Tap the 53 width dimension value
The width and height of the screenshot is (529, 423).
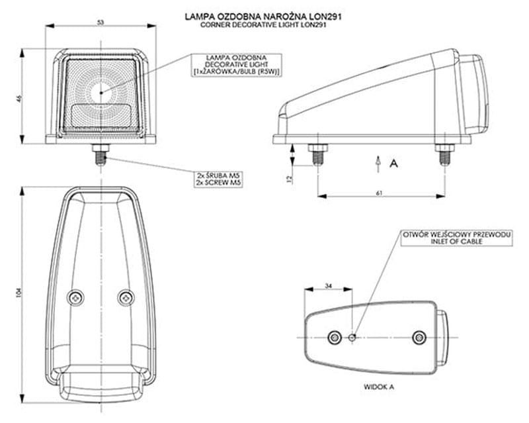pyautogui.click(x=101, y=23)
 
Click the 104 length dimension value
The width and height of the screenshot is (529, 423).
pyautogui.click(x=20, y=292)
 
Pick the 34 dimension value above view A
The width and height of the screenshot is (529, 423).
pyautogui.click(x=329, y=286)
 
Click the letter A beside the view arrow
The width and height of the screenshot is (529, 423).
pyautogui.click(x=393, y=162)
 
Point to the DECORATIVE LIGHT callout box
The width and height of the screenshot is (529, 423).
pyautogui.click(x=235, y=65)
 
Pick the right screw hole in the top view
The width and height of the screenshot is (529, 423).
pyautogui.click(x=124, y=298)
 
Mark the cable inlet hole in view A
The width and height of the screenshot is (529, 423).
pyautogui.click(x=352, y=338)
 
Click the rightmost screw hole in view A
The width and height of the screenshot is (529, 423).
pyautogui.click(x=417, y=338)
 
